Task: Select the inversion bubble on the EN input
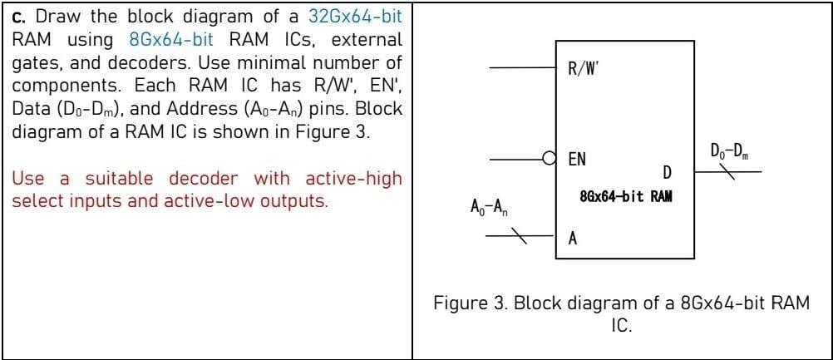[548, 156]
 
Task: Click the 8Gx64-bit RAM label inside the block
[624, 198]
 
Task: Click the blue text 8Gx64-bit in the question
[175, 39]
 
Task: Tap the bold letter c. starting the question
[19, 17]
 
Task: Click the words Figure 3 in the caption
[471, 303]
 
